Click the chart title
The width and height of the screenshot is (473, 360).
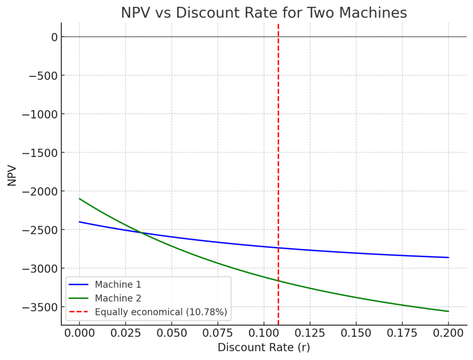pos(264,12)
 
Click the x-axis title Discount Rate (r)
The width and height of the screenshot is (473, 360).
pos(264,347)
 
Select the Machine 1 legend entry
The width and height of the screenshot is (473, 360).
pos(117,285)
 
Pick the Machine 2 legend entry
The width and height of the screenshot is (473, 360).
pos(117,299)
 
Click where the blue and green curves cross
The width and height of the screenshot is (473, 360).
pos(141,233)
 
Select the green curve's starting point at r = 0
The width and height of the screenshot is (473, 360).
pos(79,198)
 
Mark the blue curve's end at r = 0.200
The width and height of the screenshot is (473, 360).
pos(448,258)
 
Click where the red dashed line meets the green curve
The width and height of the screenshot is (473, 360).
pos(279,281)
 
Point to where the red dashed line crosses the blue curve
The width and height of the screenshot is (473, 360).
pos(279,248)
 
